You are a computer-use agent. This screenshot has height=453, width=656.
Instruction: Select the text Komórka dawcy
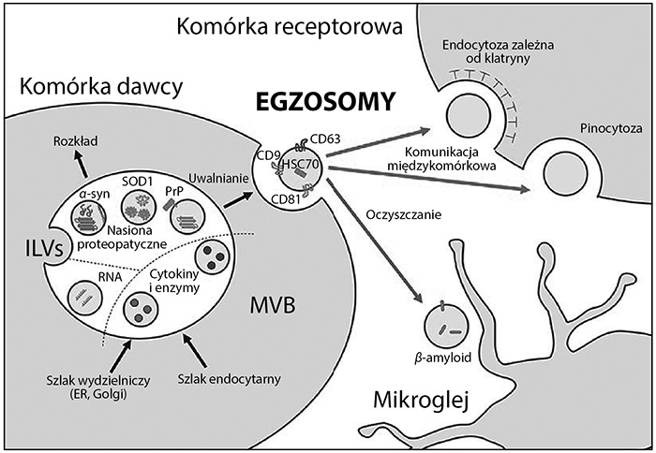[x=97, y=88]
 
